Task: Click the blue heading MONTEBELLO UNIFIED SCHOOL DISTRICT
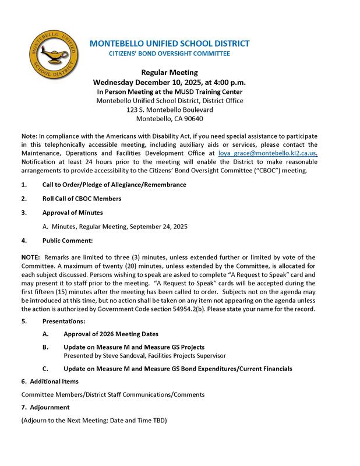[170, 43]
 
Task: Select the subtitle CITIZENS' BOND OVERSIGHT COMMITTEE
[170, 54]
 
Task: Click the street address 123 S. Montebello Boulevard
[170, 110]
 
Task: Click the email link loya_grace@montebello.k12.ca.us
[267, 153]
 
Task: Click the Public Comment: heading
[68, 240]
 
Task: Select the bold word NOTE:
[30, 257]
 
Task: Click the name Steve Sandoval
[123, 355]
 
